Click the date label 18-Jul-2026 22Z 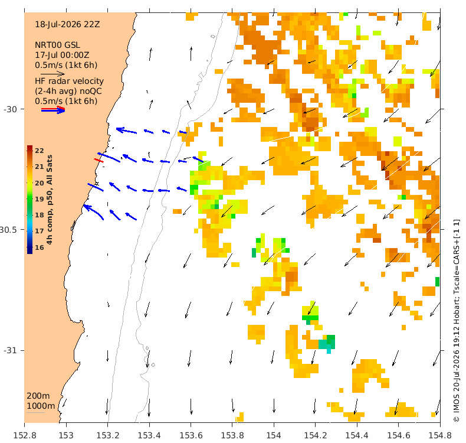67,24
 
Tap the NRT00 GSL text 57,45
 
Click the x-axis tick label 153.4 149,435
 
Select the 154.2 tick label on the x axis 316,435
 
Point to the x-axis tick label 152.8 25,435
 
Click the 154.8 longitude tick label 440,435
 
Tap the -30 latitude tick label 11,109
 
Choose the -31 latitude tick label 11,350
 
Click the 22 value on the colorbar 40,151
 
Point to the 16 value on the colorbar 40,247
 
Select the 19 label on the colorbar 40,199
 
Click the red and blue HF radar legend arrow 53,110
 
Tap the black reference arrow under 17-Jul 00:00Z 52,73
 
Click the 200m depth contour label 38,396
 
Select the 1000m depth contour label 41,406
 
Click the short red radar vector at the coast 99,161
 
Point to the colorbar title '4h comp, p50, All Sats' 50,199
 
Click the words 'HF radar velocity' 69,81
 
